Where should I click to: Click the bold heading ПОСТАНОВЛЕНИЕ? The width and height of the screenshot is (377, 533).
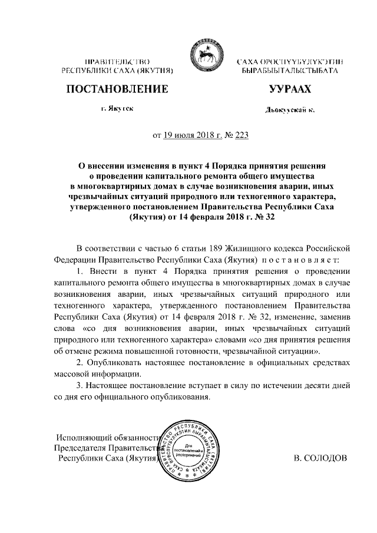117,90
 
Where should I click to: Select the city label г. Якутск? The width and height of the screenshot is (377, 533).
117,110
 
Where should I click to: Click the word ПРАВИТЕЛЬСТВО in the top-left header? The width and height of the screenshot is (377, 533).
117,62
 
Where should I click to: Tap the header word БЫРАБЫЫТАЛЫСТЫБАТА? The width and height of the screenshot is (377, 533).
289,71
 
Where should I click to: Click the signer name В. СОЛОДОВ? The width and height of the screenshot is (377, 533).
320,458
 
